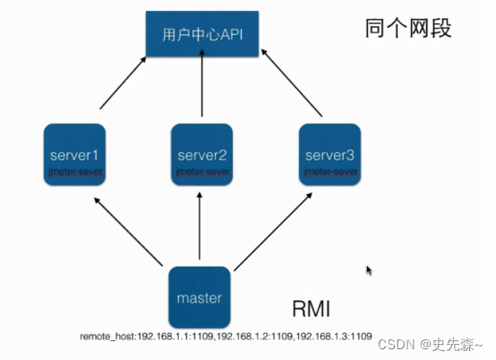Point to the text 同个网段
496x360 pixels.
[408, 29]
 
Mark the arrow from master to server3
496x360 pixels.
[271, 235]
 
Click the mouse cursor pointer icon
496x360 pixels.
[369, 270]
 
